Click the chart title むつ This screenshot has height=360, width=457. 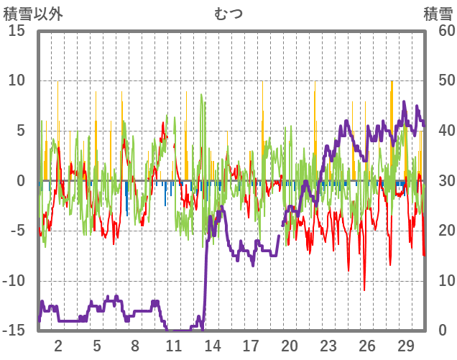[x=228, y=13]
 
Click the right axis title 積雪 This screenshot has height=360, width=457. [x=438, y=13]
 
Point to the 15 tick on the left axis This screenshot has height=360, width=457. [x=17, y=31]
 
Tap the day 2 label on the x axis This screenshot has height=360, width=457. [x=58, y=345]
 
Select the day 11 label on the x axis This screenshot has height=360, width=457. [x=173, y=345]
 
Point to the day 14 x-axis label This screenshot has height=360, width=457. [x=212, y=345]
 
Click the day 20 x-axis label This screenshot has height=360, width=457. [x=290, y=345]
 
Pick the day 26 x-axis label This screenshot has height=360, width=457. [x=367, y=345]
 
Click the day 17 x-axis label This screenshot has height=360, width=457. [x=251, y=345]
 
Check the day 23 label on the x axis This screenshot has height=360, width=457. [x=328, y=345]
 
